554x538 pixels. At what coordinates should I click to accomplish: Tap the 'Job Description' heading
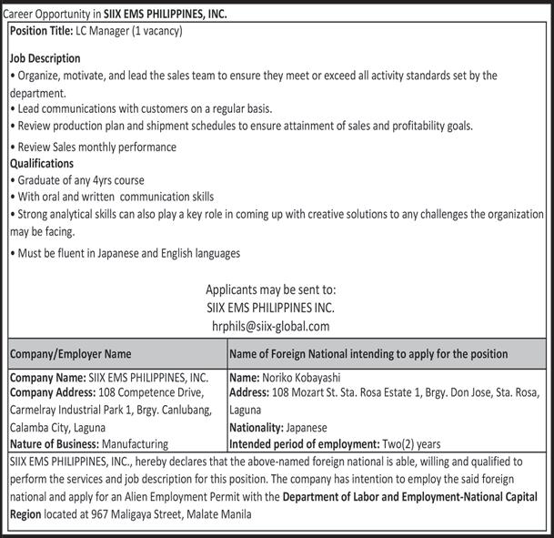point(45,58)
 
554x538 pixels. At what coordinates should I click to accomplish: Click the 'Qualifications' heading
point(42,163)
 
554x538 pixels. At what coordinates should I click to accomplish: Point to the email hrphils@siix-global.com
point(270,325)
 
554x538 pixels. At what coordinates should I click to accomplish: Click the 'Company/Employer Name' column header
point(71,353)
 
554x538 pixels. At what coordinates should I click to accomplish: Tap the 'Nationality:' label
point(257,427)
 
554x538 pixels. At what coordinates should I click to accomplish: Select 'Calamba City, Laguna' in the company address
point(57,427)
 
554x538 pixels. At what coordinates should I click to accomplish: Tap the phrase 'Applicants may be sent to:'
point(270,290)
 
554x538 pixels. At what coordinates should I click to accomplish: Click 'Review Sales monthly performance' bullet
point(96,147)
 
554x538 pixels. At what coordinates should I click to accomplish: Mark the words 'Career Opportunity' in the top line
point(46,15)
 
